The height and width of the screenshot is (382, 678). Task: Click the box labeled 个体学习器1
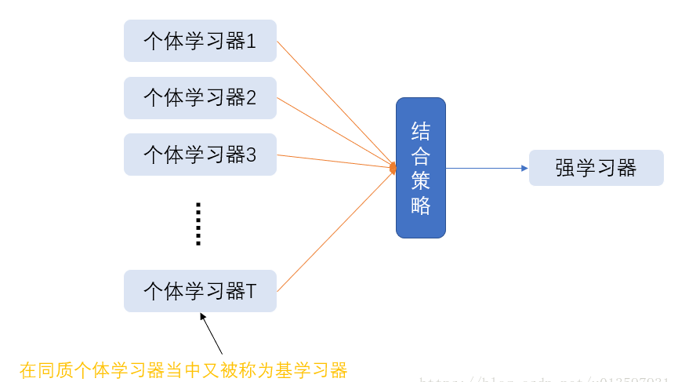200,41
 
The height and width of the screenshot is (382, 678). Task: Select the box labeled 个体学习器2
200,98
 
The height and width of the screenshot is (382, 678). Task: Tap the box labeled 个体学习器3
200,155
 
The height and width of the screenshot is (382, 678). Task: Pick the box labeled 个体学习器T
200,291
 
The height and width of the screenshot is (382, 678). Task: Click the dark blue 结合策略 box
420,168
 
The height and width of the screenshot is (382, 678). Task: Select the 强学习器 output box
596,168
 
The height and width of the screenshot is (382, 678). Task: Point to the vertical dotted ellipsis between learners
198,224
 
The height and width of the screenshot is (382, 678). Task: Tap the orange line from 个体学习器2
333,132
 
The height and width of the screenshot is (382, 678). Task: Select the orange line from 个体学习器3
333,161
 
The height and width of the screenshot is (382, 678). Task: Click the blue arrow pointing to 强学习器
486,168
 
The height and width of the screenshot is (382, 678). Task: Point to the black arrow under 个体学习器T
212,333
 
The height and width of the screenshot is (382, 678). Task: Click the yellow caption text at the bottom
183,370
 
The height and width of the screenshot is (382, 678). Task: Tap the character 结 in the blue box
420,130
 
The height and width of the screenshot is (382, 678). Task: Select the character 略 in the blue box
420,206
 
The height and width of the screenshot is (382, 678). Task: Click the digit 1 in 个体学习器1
252,41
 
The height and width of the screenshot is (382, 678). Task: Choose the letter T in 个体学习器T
252,291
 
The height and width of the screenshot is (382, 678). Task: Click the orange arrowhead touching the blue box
393,168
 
